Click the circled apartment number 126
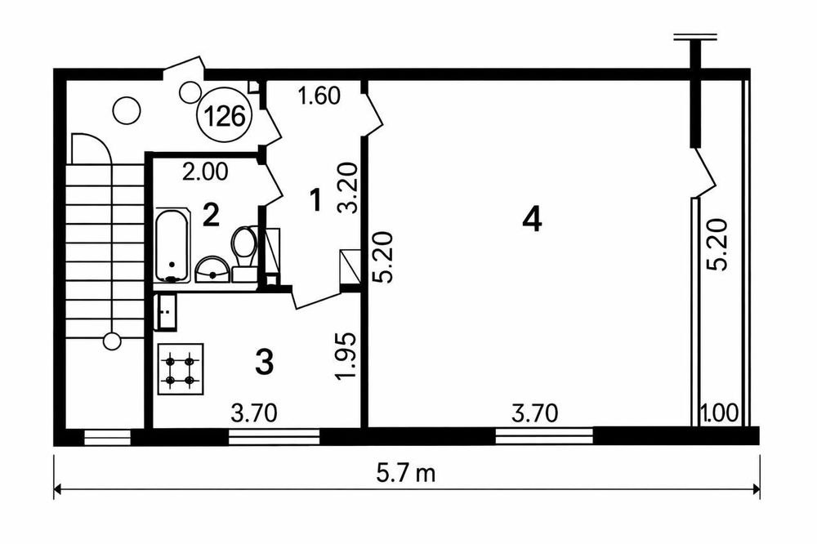pyautogui.click(x=224, y=116)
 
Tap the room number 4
pyautogui.click(x=532, y=219)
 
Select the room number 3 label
pyautogui.click(x=265, y=362)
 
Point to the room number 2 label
pyautogui.click(x=211, y=215)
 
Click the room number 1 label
pyautogui.click(x=315, y=200)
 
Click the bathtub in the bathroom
pyautogui.click(x=172, y=245)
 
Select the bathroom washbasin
pyautogui.click(x=212, y=270)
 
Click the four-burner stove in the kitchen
pyautogui.click(x=180, y=369)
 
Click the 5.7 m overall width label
pyautogui.click(x=406, y=475)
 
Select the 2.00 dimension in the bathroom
pyautogui.click(x=205, y=172)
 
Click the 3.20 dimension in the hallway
pyautogui.click(x=349, y=189)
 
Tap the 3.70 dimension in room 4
pyautogui.click(x=535, y=413)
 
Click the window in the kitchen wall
pyautogui.click(x=274, y=437)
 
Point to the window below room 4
pyautogui.click(x=544, y=435)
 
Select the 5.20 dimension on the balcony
pyautogui.click(x=717, y=245)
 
